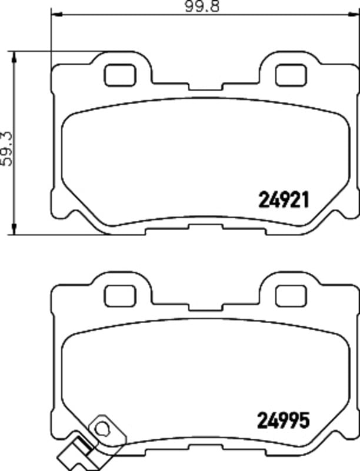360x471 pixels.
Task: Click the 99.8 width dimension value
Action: click(202, 6)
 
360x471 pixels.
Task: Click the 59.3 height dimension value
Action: click(6, 148)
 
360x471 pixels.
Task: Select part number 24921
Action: click(284, 200)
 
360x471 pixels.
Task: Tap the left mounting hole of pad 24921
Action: click(120, 75)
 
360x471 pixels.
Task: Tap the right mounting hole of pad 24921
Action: click(291, 75)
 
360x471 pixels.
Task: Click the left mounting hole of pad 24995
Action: click(120, 296)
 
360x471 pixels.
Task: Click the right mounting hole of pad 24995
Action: click(291, 296)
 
